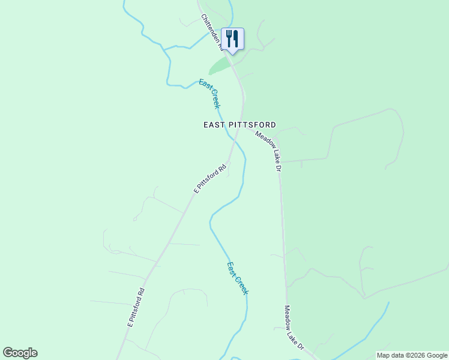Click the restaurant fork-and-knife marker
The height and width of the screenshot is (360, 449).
(x=232, y=40)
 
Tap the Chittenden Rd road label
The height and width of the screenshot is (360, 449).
(x=212, y=31)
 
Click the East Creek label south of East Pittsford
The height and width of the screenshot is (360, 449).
(x=237, y=278)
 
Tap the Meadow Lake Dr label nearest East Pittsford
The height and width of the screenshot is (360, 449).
(x=268, y=151)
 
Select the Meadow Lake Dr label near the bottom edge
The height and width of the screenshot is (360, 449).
(x=294, y=328)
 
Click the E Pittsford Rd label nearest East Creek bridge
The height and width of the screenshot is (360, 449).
(x=210, y=178)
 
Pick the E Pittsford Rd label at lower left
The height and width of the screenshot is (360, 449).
(x=136, y=307)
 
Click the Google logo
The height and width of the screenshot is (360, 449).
(x=20, y=353)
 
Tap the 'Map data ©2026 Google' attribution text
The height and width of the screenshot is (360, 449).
(x=412, y=355)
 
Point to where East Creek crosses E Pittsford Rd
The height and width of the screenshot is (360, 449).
(x=234, y=140)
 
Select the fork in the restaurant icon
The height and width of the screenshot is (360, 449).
(x=229, y=39)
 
